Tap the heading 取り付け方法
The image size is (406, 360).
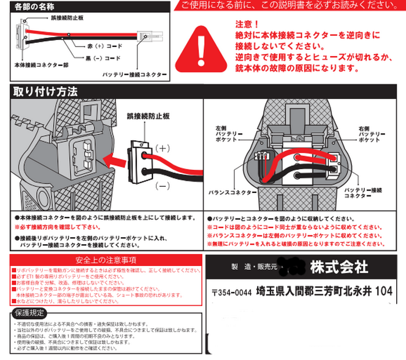click(44, 91)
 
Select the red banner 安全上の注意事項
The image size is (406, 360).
click(105, 259)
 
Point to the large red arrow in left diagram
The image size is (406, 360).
click(113, 157)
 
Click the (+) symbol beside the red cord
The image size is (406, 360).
click(163, 149)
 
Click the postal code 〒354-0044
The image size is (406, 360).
click(232, 293)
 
